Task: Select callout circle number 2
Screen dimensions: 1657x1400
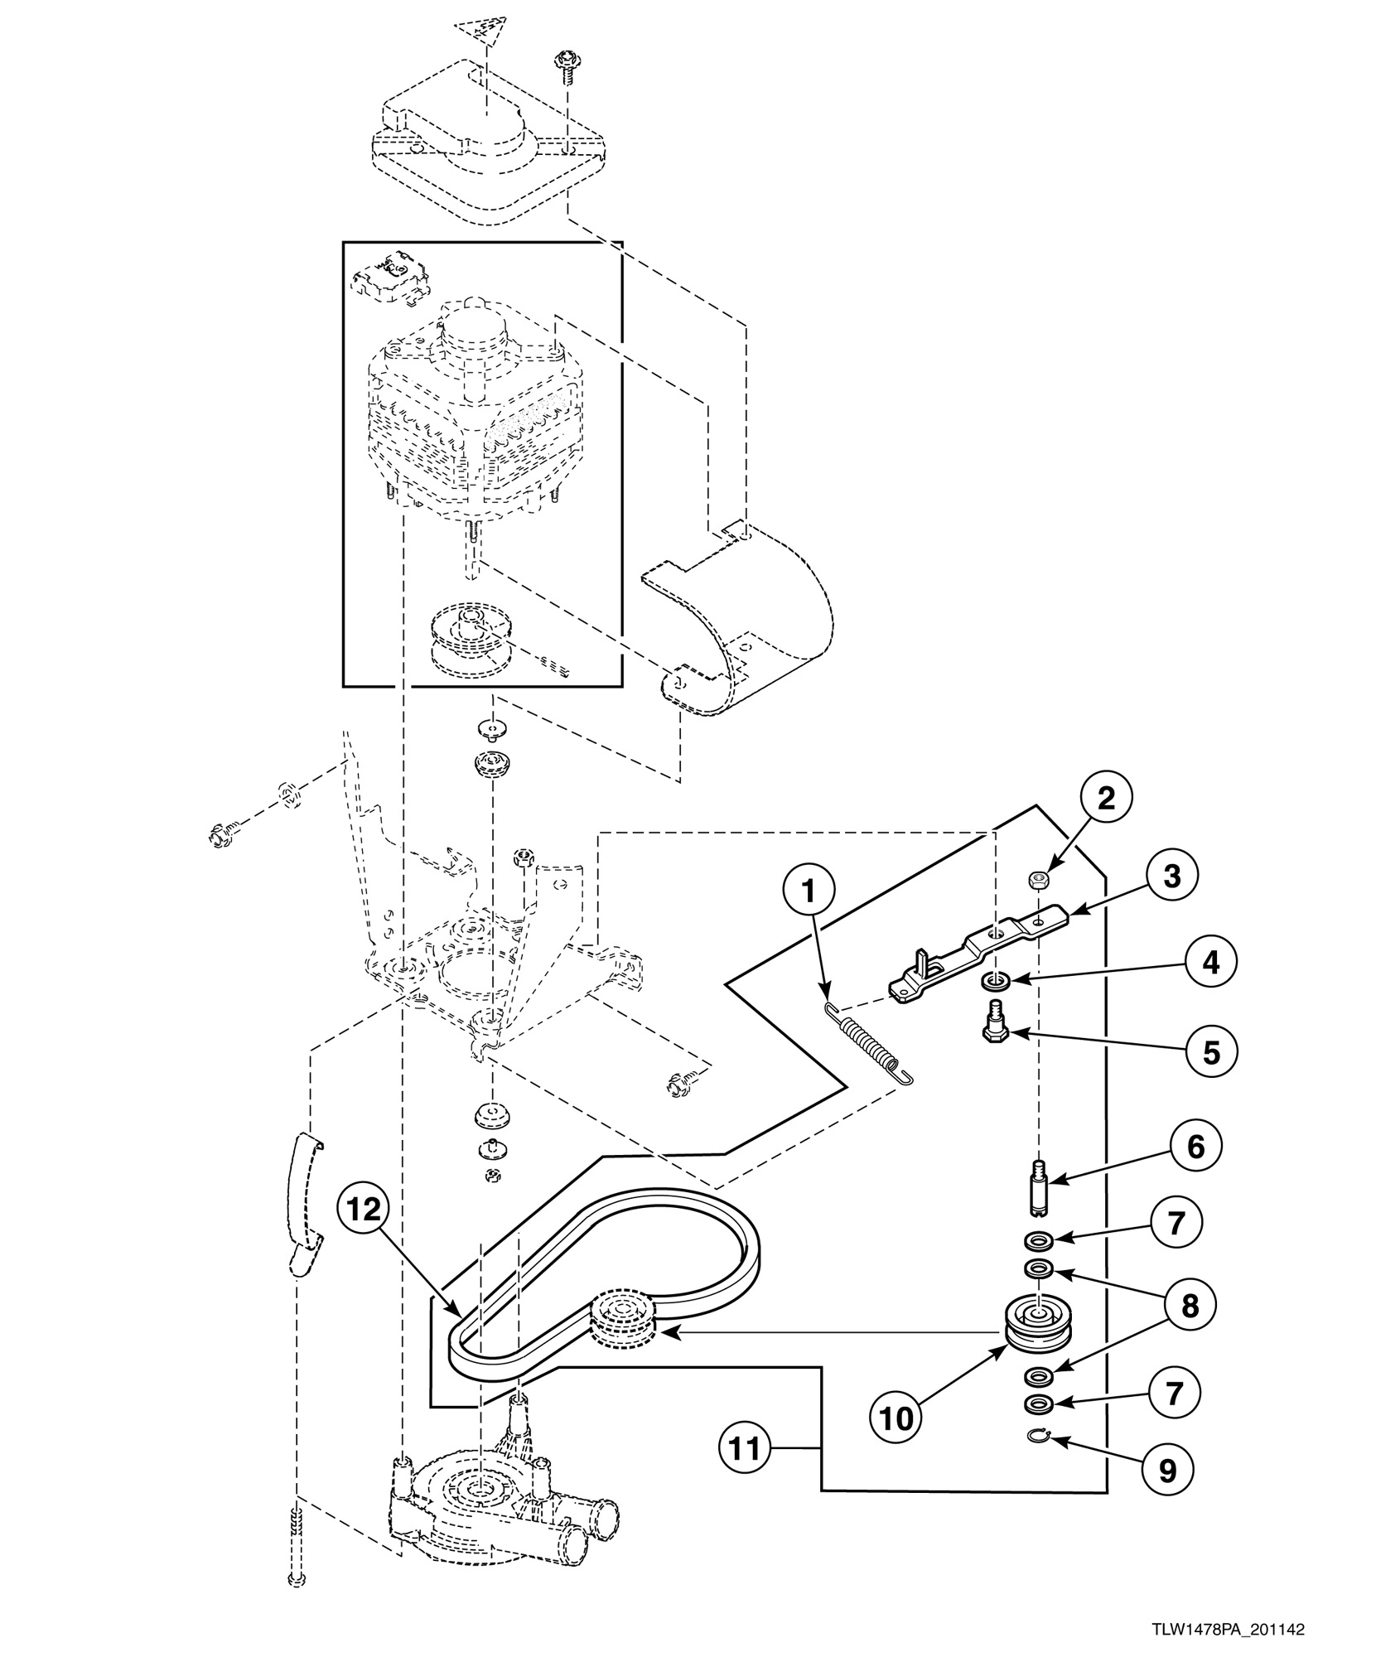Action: pos(1106,798)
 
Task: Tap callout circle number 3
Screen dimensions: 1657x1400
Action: pos(1171,876)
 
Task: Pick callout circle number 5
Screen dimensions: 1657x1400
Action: pos(1210,1052)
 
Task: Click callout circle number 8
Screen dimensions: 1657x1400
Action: pos(1190,1306)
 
